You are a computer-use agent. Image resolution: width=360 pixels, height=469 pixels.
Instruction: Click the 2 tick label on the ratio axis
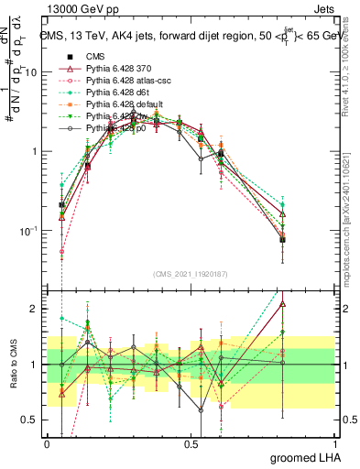tap(35, 309)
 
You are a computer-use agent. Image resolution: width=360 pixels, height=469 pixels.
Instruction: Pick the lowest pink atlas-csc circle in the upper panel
tap(61, 251)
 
